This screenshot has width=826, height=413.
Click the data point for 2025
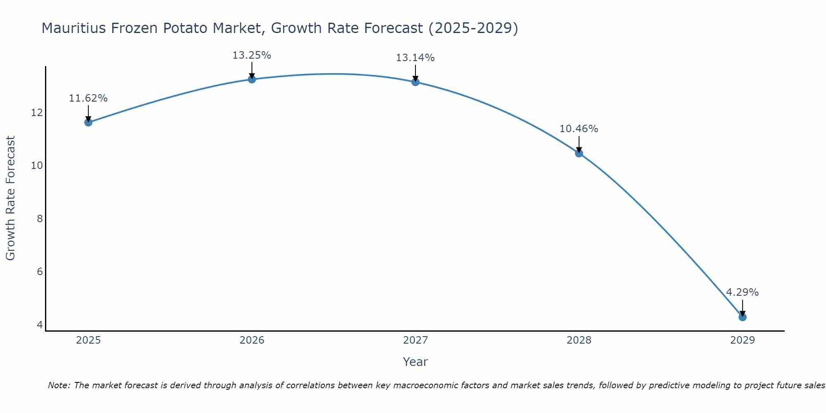pos(88,122)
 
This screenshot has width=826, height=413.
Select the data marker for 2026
pos(252,79)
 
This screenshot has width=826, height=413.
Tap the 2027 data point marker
pos(415,82)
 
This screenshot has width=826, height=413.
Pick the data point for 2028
pos(579,153)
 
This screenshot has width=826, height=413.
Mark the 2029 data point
pos(742,317)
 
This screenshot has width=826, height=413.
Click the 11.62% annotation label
pos(88,98)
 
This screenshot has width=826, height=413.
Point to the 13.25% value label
pos(252,55)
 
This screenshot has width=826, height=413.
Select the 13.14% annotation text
pos(415,58)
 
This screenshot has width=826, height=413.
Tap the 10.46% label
pos(579,129)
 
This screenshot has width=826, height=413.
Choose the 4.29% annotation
pos(742,292)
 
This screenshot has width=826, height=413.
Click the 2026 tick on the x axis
pos(252,340)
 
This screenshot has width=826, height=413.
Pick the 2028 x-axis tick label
pos(579,340)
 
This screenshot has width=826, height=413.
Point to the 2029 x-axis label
pos(742,340)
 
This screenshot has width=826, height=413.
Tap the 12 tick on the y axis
pos(37,112)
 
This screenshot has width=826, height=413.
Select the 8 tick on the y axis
pos(40,218)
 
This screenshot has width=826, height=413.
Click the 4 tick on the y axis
pos(40,325)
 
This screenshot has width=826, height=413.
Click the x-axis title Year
pos(415,362)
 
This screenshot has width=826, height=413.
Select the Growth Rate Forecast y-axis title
pos(10,198)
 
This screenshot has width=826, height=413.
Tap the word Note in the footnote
pos(59,385)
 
